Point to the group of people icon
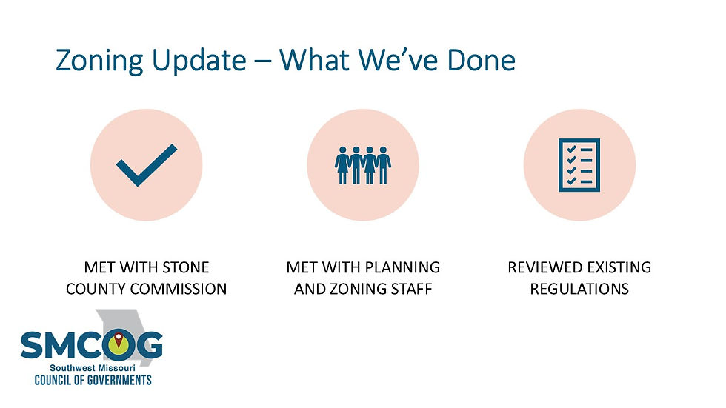pos(362,164)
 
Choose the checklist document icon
pos(579,164)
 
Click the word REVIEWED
pos(543,267)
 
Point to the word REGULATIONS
pos(579,289)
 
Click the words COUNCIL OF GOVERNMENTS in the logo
pos(93,381)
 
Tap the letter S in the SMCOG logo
pos(33,345)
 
